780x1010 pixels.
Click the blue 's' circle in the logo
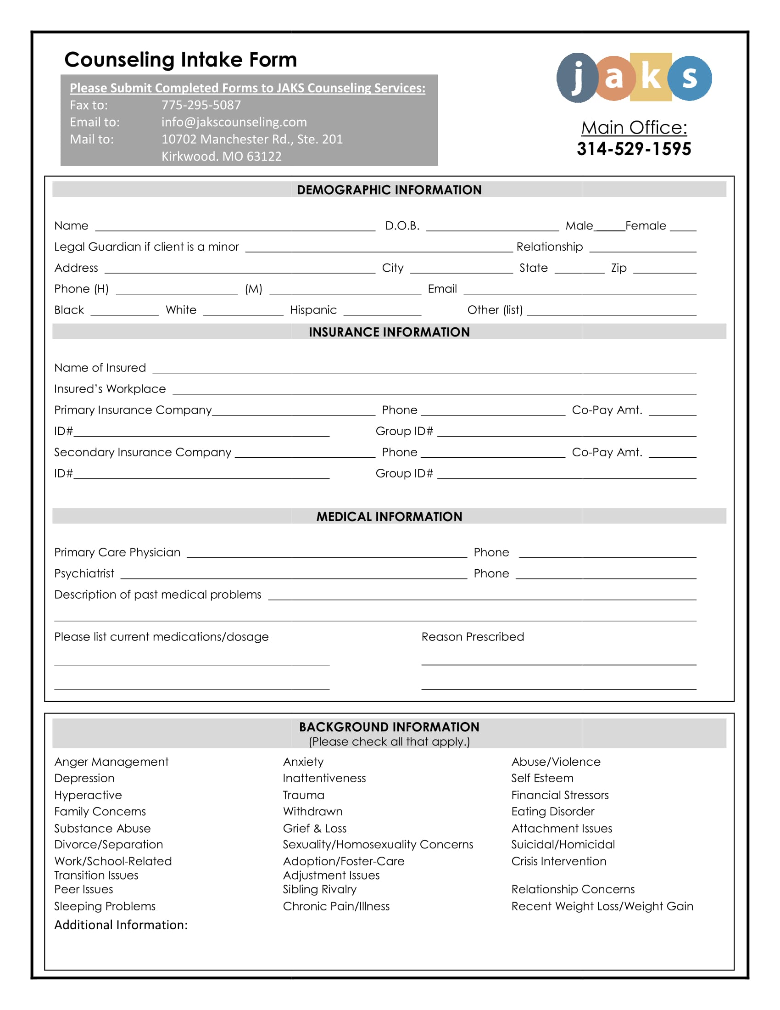690,78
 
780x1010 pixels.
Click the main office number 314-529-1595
634,149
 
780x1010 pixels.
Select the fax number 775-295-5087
201,105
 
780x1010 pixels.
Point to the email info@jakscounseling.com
234,122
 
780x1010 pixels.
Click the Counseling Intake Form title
181,60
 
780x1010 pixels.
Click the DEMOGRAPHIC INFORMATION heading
389,190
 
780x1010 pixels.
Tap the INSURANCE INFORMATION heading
389,332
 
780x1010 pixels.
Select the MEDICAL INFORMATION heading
389,516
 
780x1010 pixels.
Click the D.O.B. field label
402,226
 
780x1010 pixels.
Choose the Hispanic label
313,310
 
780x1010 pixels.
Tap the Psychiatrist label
84,573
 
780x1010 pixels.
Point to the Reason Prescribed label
473,637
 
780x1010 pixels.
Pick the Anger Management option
111,762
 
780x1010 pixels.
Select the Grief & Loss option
315,828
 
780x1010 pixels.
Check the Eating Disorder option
553,812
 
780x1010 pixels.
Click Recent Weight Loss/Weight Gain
602,906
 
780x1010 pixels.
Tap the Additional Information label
121,925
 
